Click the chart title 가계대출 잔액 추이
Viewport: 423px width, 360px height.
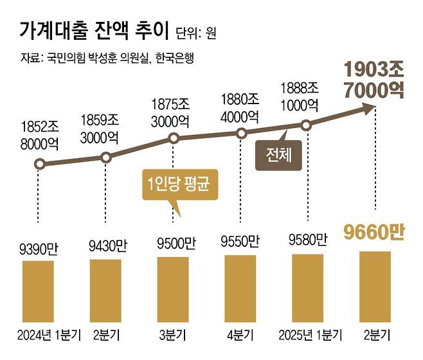(94, 30)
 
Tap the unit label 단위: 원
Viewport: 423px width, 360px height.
(195, 32)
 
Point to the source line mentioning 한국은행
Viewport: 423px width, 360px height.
(106, 59)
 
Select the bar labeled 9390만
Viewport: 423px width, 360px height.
(40, 293)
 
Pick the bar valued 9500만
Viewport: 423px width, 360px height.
(174, 291)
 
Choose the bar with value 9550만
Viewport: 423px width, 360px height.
(240, 290)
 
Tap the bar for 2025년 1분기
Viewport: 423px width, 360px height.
(307, 289)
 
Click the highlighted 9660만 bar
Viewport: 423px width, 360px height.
(375, 288)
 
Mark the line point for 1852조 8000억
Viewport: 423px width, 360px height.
(39, 164)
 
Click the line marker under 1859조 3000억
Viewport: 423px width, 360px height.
(107, 157)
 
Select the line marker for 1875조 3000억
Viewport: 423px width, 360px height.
(173, 138)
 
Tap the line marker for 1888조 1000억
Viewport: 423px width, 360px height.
(307, 125)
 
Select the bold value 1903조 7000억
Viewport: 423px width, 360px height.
(375, 78)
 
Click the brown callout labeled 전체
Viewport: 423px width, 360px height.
(278, 155)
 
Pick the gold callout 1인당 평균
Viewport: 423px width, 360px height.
(176, 186)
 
